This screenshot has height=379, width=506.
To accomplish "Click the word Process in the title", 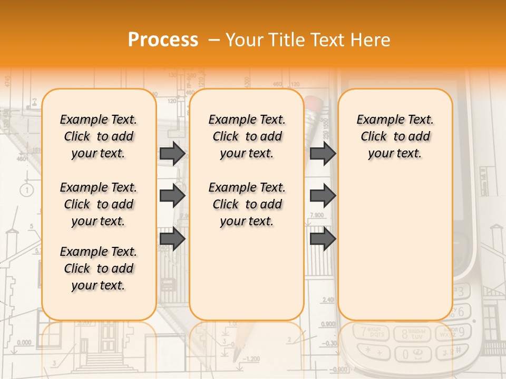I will coord(163,40).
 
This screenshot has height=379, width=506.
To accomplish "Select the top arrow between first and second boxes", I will coord(172,154).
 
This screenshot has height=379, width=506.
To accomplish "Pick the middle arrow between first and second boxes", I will coord(172,196).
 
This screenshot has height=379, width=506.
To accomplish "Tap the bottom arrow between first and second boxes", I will coord(172,238).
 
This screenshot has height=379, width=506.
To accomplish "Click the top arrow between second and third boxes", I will coord(323,154).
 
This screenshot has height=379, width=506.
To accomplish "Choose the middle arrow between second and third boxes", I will coord(323,196).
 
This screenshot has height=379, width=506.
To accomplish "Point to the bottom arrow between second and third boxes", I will coord(323,238).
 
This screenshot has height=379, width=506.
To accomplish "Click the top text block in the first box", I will coord(99,136).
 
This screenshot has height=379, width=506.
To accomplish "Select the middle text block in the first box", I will coord(99,204).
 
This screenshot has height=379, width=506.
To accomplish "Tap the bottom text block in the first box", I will coord(99,268).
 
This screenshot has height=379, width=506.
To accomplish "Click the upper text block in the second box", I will coord(247,136).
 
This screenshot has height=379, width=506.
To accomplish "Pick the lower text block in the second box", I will coord(247,204).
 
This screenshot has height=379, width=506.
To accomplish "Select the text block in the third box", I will coord(395,136).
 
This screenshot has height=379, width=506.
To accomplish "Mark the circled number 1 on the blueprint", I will coord(28,189).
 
